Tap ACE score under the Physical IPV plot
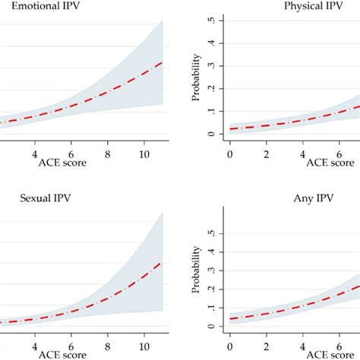click(329, 162)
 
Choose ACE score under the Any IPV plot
click(329, 354)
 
